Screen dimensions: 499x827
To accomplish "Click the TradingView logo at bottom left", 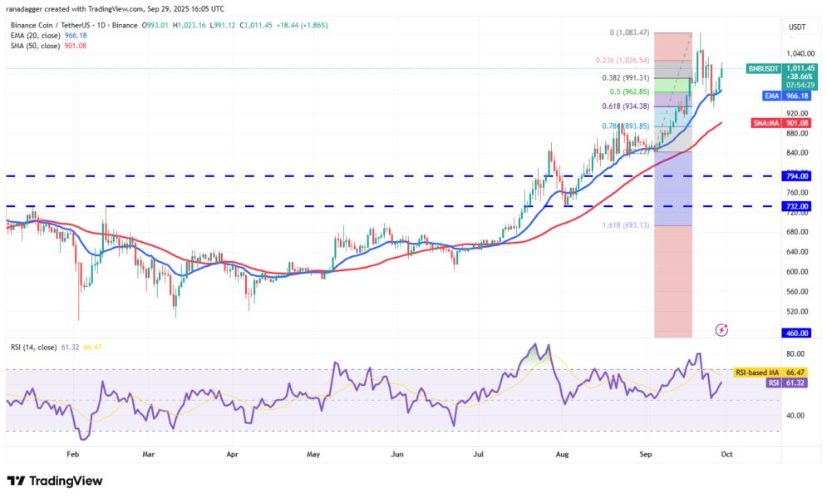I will point(55,481).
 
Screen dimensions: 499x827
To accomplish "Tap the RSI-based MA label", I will point(756,373).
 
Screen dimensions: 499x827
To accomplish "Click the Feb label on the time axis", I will point(71,455).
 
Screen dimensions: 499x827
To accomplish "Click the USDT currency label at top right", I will point(797,27).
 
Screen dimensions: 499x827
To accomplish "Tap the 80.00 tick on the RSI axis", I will point(796,353).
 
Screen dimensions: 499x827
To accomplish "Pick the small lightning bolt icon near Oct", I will point(721,330).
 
